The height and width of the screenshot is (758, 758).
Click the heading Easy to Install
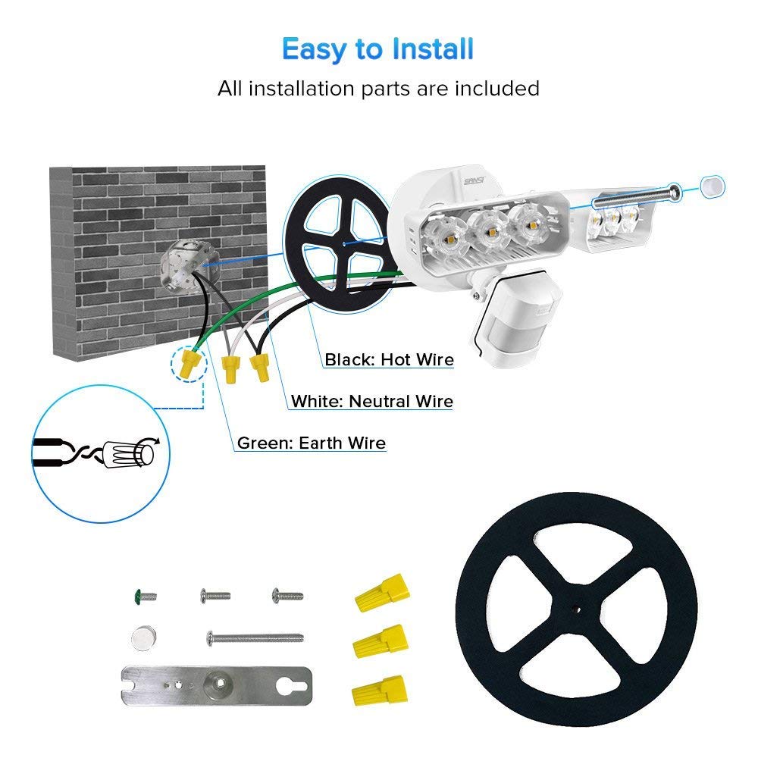[x=377, y=49]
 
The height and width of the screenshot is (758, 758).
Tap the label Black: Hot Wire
[x=389, y=359]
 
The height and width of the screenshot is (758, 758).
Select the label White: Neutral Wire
[x=371, y=401]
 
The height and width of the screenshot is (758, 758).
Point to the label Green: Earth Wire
[x=312, y=443]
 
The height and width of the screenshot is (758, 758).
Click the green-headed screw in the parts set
[x=145, y=596]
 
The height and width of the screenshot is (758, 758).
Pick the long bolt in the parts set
[x=255, y=638]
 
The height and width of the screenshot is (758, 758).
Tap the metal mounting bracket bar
[x=217, y=685]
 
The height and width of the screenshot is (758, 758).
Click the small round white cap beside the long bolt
[x=144, y=638]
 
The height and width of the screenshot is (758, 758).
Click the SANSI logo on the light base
[x=474, y=181]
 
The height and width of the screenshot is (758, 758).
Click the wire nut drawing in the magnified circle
[x=129, y=454]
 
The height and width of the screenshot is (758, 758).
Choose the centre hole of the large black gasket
[x=576, y=609]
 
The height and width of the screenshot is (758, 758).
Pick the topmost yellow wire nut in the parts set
[x=382, y=593]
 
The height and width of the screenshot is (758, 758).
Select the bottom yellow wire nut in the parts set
[x=380, y=691]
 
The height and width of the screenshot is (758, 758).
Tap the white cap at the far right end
[x=713, y=186]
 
